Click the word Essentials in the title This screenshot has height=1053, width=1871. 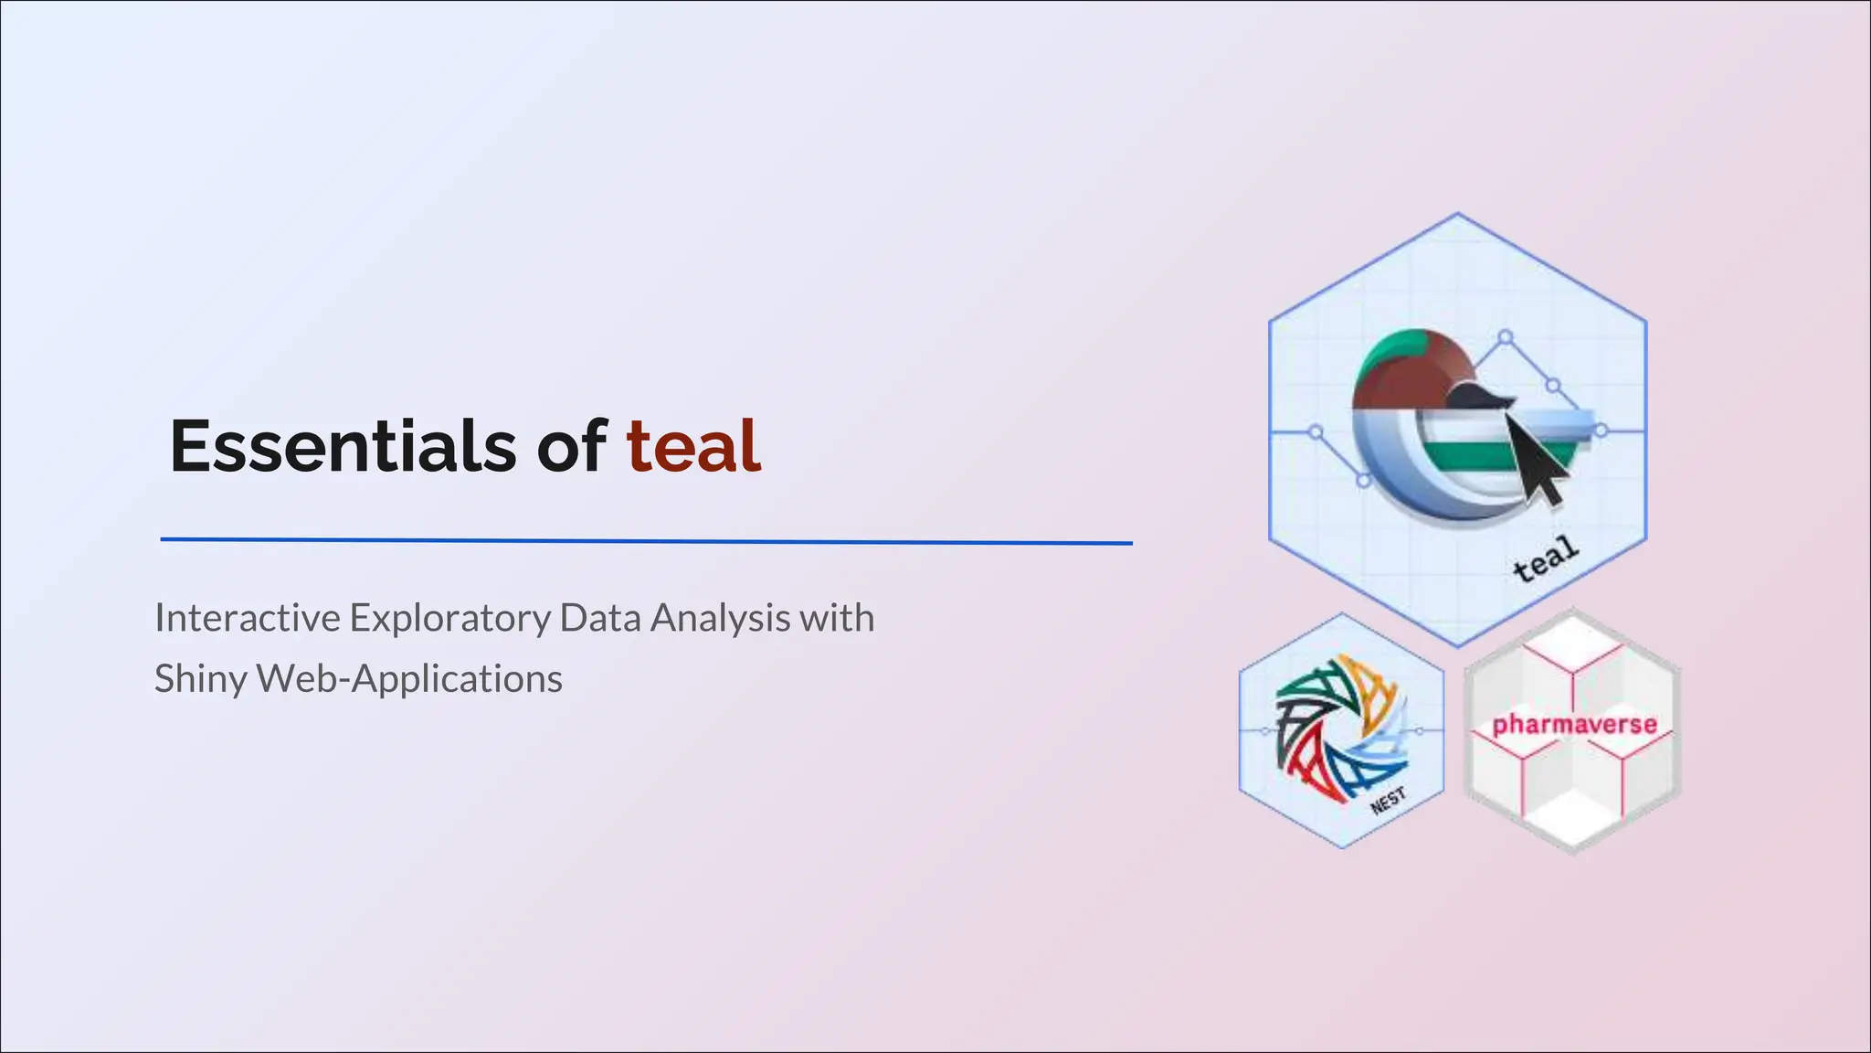tap(343, 446)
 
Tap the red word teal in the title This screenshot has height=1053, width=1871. tap(692, 446)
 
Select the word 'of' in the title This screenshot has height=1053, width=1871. tap(570, 446)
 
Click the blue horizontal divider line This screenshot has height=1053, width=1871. tap(646, 541)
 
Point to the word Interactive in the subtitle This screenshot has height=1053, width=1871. tap(248, 618)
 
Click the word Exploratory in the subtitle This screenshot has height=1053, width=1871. tap(449, 618)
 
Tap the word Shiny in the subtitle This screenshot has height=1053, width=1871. tap(200, 678)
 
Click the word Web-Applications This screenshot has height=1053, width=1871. tap(409, 678)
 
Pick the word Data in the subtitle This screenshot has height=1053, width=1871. tap(598, 618)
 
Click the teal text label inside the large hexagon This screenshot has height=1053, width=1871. tap(1545, 558)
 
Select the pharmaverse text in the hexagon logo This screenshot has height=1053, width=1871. tap(1574, 725)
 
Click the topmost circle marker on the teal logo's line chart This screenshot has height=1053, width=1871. tap(1506, 337)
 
